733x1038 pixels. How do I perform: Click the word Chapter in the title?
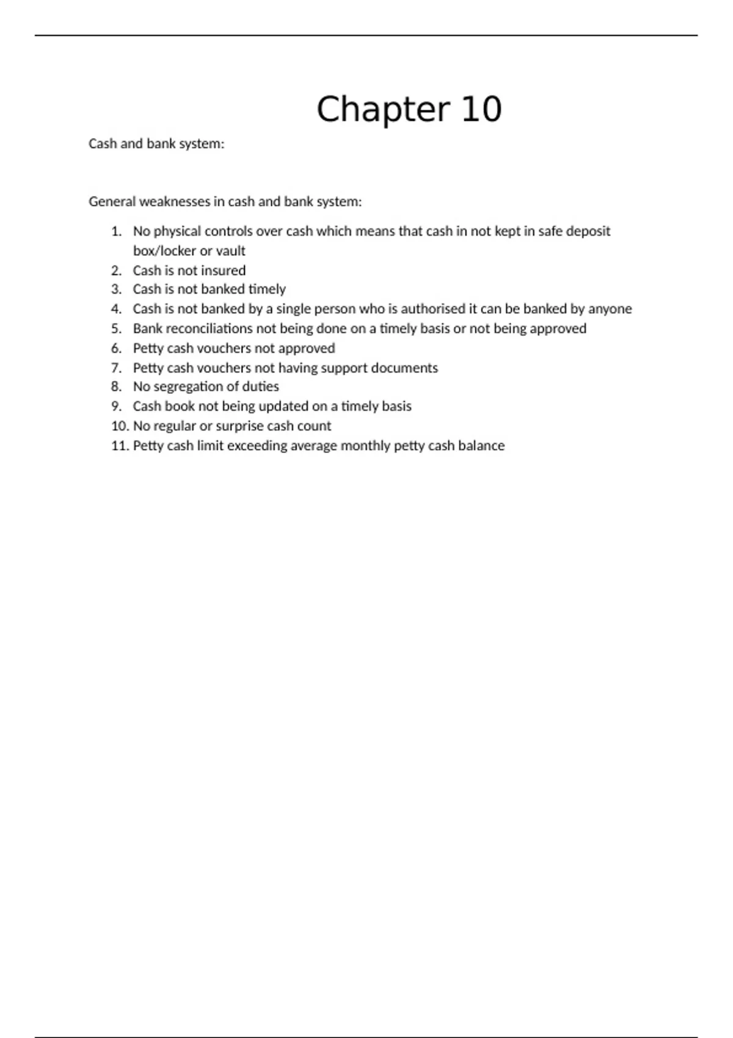point(382,110)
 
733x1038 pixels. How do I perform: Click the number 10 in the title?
point(481,110)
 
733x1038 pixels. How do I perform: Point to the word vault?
point(230,251)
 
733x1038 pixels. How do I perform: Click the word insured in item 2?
point(223,270)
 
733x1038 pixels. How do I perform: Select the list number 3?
point(116,289)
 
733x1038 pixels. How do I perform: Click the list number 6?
point(116,348)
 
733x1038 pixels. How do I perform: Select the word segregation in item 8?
point(183,387)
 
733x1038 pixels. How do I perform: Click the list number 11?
point(120,446)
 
